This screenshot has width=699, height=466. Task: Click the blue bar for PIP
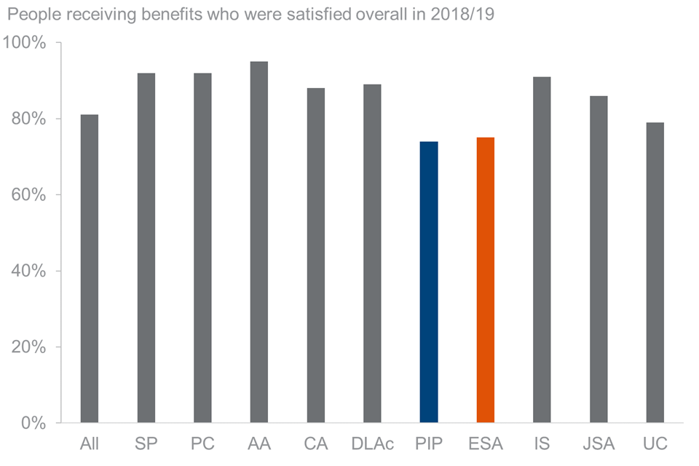[429, 282]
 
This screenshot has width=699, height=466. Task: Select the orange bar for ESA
[486, 280]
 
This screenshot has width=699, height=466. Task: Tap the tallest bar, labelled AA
[259, 242]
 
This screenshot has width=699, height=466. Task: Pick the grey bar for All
[90, 269]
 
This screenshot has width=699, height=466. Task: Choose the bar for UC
[655, 272]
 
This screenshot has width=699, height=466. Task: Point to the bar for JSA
[599, 259]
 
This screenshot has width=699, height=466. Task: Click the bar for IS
[542, 250]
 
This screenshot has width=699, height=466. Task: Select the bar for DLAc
[372, 253]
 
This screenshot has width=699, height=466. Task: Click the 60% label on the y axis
[30, 195]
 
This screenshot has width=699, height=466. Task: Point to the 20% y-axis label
[30, 347]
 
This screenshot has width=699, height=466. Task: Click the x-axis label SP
[146, 443]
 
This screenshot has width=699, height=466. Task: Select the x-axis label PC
[202, 443]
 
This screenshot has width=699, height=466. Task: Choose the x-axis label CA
[315, 443]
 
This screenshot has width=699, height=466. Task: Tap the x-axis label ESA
[486, 443]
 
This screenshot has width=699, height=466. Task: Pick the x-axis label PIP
[429, 443]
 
